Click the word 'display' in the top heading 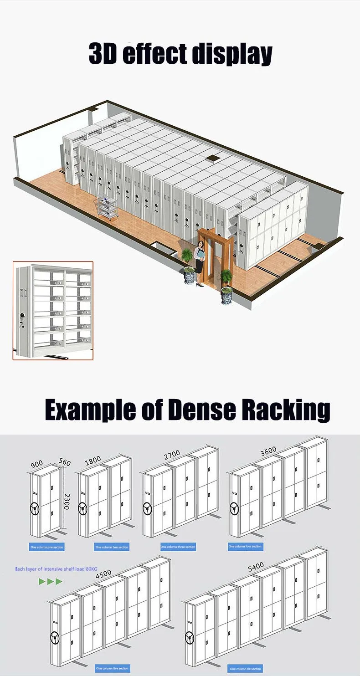(232, 55)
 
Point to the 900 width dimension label (37, 464)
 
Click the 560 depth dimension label (65, 463)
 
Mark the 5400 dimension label (256, 568)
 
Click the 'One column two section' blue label (112, 547)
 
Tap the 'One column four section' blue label (245, 546)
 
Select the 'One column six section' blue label (245, 669)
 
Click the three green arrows (50, 581)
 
